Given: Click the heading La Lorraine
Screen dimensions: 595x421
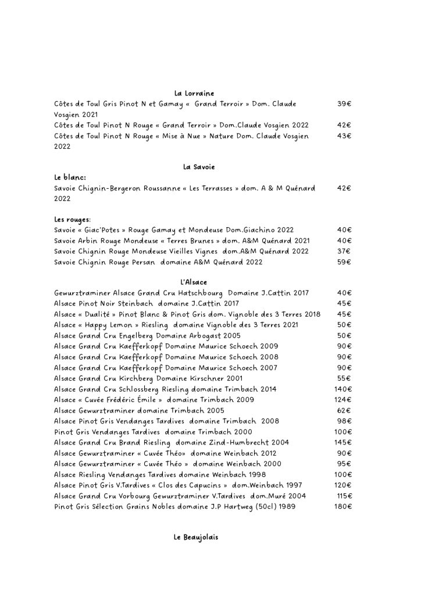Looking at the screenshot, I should click(194, 93).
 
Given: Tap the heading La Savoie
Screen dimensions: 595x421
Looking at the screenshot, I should click(199, 167).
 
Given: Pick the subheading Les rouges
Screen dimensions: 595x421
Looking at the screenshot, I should click(72, 220).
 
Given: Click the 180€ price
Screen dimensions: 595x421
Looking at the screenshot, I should click(343, 507).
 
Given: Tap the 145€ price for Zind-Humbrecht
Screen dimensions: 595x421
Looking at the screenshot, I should click(343, 442).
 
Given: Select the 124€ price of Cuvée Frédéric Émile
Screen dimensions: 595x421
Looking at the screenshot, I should click(343, 400).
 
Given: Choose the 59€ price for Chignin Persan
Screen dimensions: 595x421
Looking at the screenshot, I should click(344, 262).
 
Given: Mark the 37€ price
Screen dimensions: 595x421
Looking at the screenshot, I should click(344, 251).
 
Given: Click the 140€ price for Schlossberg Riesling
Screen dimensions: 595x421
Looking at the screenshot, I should click(343, 389).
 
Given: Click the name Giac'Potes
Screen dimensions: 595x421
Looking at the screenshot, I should click(101, 230).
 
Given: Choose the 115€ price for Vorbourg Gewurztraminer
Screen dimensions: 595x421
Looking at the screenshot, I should click(344, 496).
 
